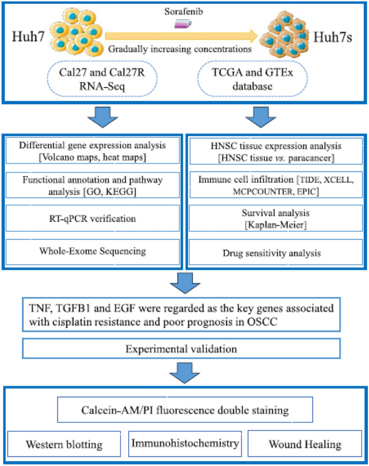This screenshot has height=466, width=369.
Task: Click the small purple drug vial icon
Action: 182,23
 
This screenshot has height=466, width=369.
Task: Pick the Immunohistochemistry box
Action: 185,443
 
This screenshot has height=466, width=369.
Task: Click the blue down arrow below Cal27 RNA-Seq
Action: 98,116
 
